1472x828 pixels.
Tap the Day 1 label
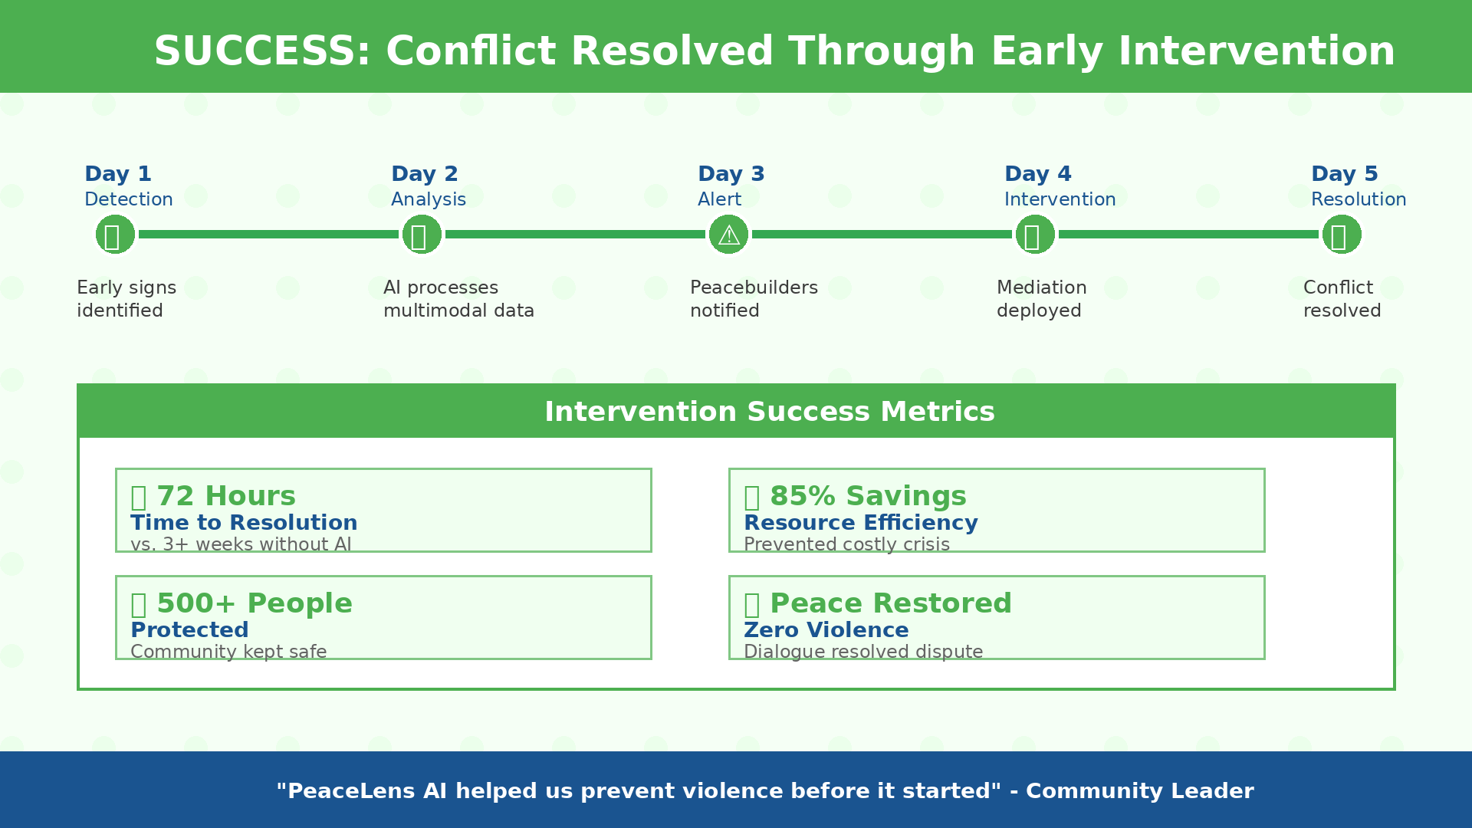118,174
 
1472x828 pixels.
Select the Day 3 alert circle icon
728,234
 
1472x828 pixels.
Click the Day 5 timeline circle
1342,234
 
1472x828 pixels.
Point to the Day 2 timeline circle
422,234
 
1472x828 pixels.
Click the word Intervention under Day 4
1060,199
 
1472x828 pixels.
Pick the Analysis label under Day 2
429,199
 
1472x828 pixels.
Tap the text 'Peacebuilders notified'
754,299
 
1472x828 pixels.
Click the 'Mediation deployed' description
1041,299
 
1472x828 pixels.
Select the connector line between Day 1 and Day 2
268,234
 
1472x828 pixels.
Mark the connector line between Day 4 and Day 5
1188,234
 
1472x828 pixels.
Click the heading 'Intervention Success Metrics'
769,412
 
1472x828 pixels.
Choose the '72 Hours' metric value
225,496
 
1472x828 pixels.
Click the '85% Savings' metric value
868,496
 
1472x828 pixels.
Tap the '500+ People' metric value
254,603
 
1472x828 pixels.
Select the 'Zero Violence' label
826,630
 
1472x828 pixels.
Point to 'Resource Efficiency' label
860,523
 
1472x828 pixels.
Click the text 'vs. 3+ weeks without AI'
241,544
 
